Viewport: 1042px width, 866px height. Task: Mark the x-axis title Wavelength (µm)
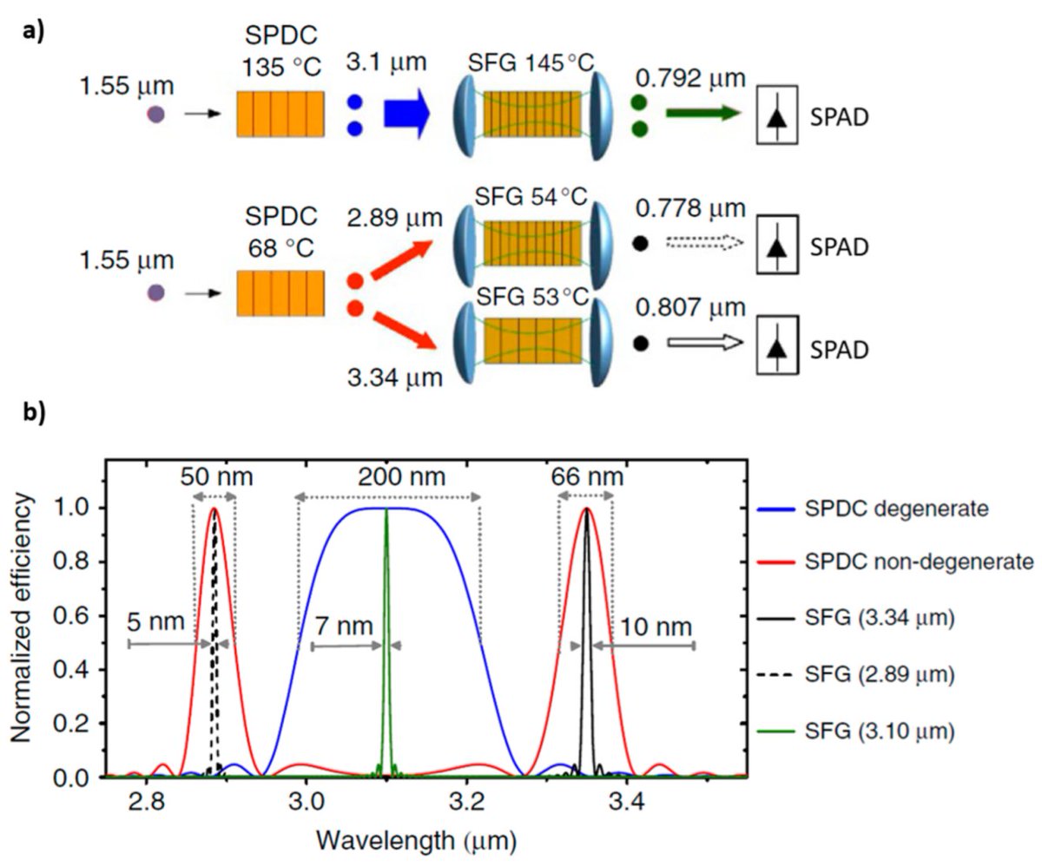[419, 840]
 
